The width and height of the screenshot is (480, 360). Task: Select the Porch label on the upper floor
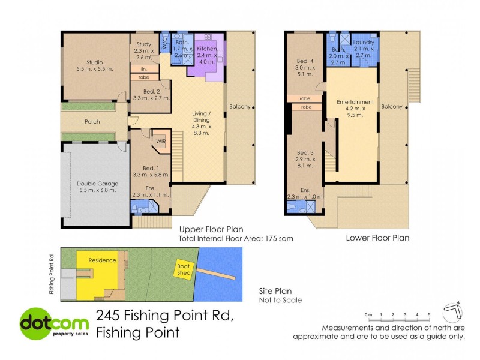click(92, 122)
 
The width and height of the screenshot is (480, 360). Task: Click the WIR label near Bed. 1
click(161, 141)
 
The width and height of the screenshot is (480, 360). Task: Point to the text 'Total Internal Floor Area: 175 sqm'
click(236, 238)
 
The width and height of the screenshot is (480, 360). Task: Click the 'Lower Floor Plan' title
click(377, 238)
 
